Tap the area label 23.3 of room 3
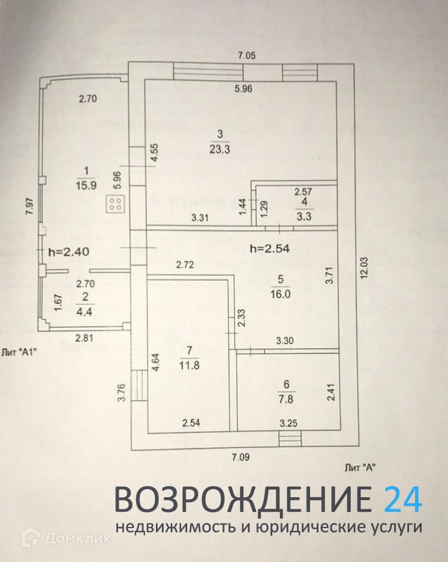point(219,147)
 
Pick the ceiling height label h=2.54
point(269,248)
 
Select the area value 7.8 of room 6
point(285,399)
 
